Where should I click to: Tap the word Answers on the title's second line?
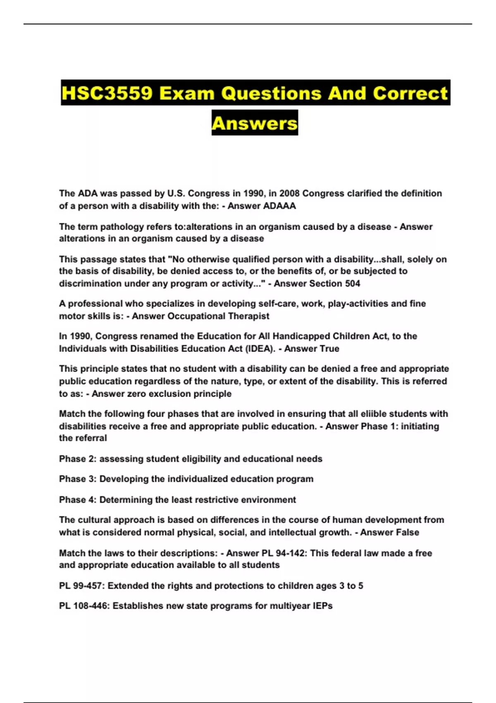click(x=255, y=123)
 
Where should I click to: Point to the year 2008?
click(x=290, y=194)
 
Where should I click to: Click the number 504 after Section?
click(x=352, y=284)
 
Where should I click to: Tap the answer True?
click(x=329, y=349)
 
